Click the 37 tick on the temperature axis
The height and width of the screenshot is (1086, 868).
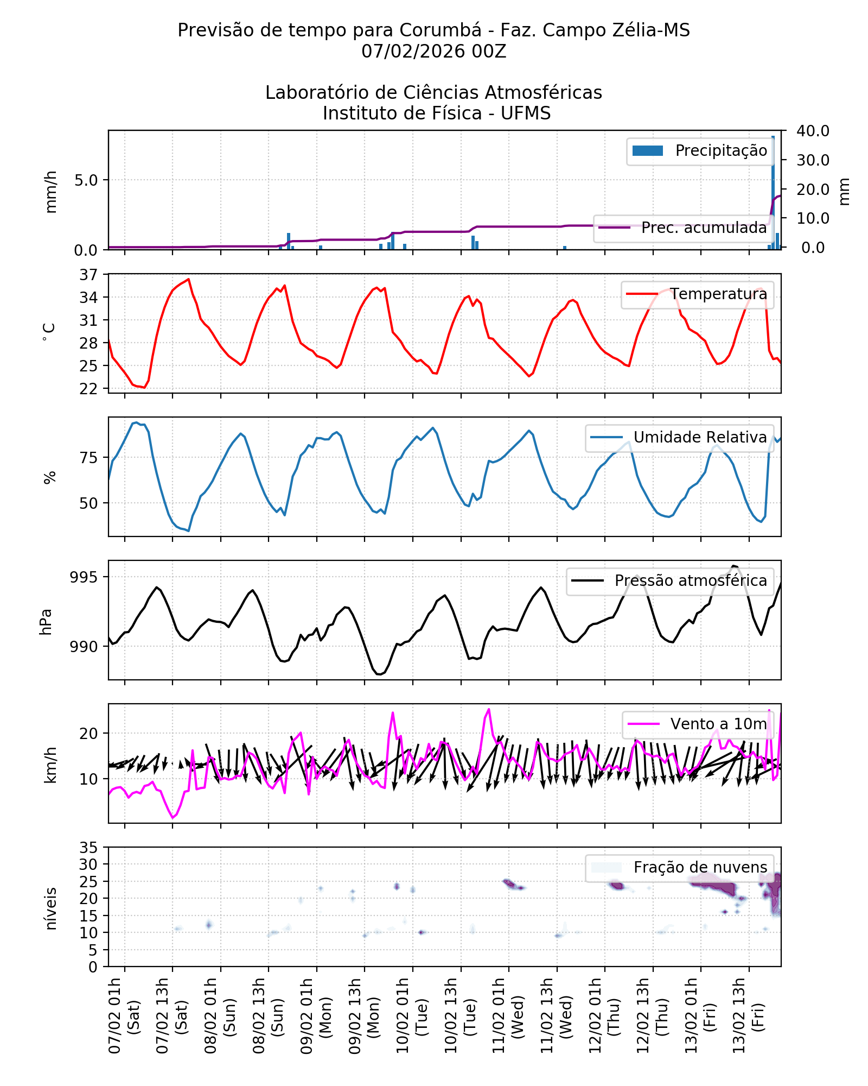click(x=88, y=275)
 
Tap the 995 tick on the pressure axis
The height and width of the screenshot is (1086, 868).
click(x=84, y=577)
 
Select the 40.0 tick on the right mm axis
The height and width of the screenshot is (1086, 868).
click(x=813, y=131)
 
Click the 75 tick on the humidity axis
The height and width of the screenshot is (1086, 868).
click(x=88, y=458)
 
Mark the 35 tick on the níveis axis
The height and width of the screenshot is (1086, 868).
click(x=88, y=848)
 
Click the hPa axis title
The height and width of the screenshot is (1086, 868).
click(x=46, y=622)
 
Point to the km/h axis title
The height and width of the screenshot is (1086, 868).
click(x=50, y=765)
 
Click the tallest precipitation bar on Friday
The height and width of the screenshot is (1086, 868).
click(x=773, y=190)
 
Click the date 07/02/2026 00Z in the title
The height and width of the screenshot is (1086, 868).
click(x=433, y=52)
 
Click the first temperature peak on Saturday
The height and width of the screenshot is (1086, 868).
click(x=188, y=279)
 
